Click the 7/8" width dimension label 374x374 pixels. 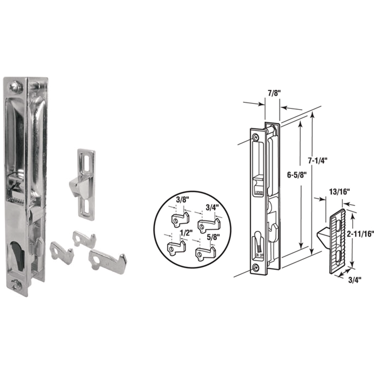(272, 93)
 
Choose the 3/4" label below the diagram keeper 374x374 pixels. (355, 280)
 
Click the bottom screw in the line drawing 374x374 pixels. (256, 267)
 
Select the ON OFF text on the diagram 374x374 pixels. (259, 255)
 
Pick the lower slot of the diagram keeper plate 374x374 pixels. (339, 257)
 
